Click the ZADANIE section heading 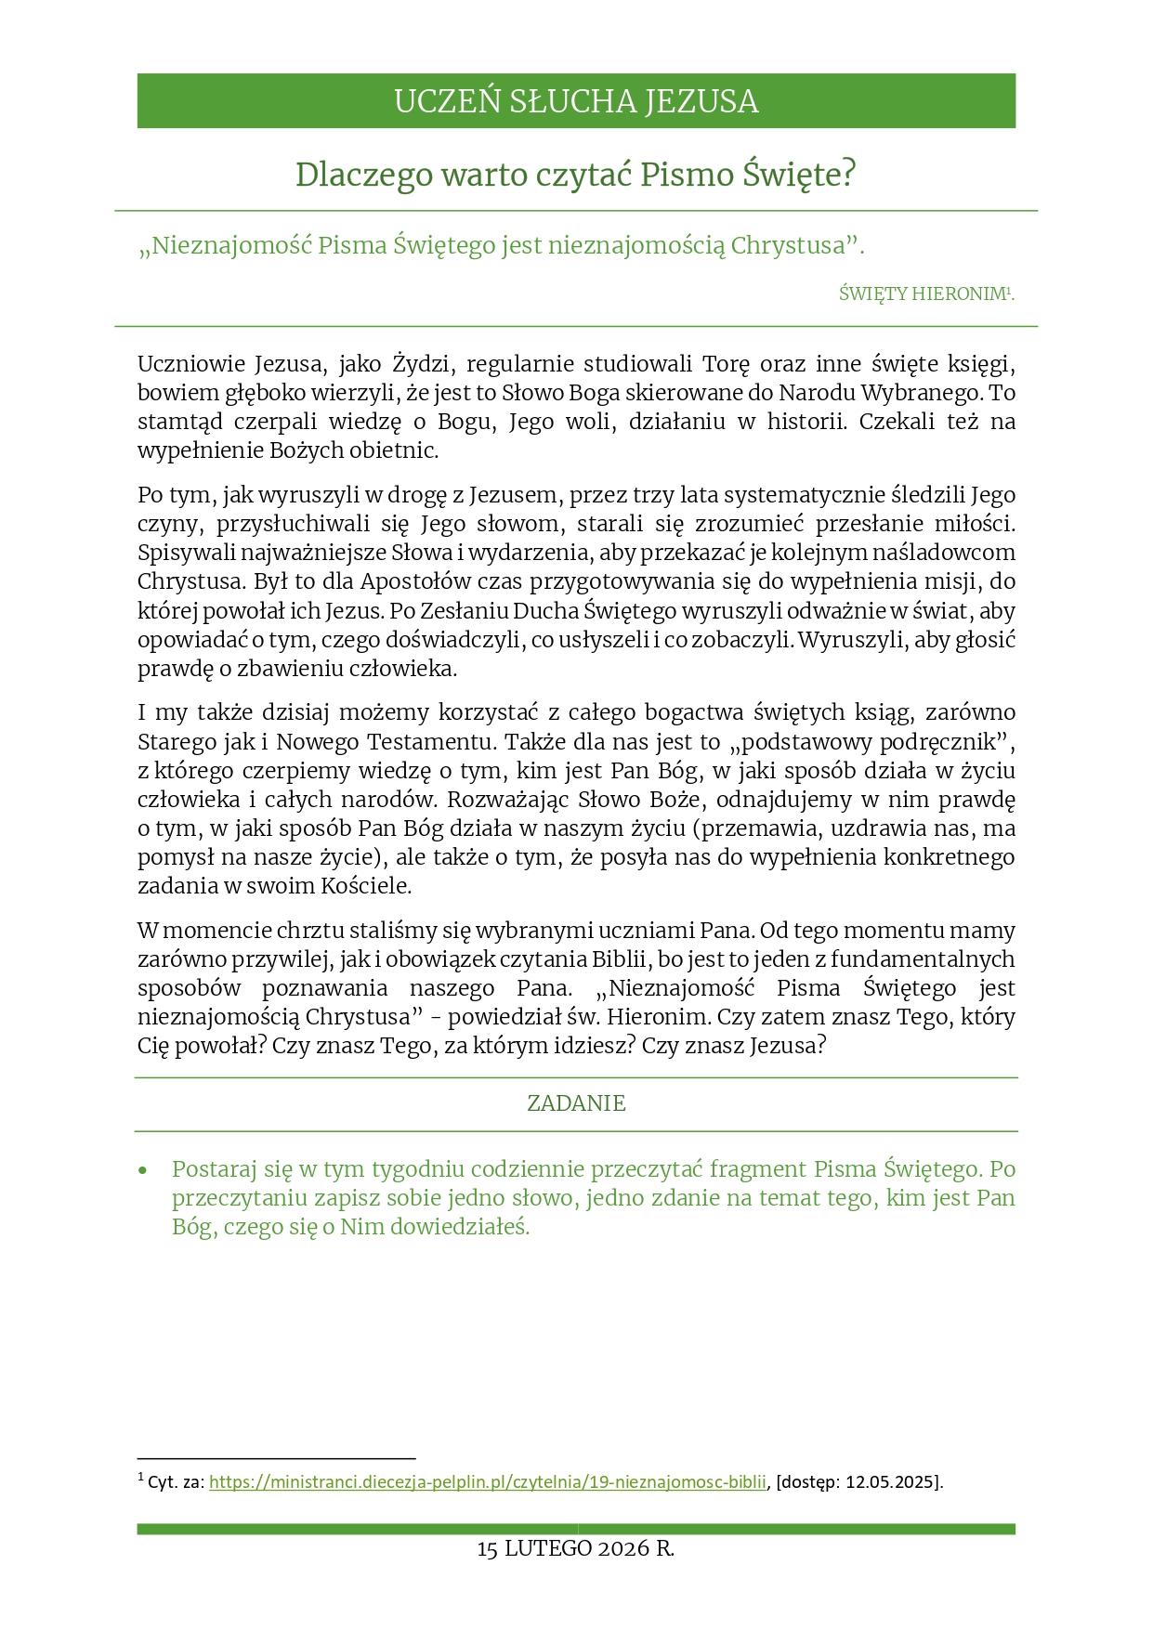pyautogui.click(x=576, y=1103)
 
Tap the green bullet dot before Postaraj pyautogui.click(x=143, y=1170)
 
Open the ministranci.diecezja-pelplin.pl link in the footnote pyautogui.click(x=488, y=1482)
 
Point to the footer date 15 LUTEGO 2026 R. pyautogui.click(x=576, y=1549)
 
